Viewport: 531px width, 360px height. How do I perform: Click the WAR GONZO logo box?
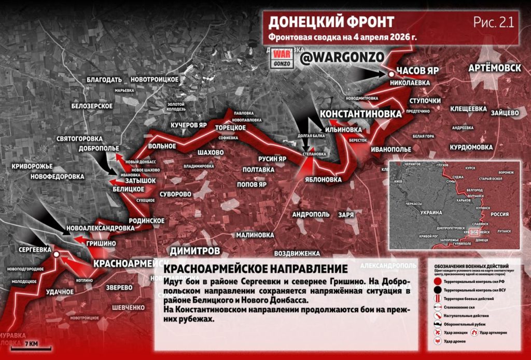pos(283,59)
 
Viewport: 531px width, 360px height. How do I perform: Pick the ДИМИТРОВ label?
pos(194,251)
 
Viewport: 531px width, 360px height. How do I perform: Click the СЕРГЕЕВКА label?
pos(35,250)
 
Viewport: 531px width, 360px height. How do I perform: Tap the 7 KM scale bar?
pos(24,346)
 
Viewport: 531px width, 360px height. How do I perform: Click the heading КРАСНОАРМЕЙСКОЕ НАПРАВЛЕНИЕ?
pos(255,269)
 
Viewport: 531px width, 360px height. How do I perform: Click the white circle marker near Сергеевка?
pos(57,254)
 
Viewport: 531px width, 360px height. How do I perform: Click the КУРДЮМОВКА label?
pos(471,147)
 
